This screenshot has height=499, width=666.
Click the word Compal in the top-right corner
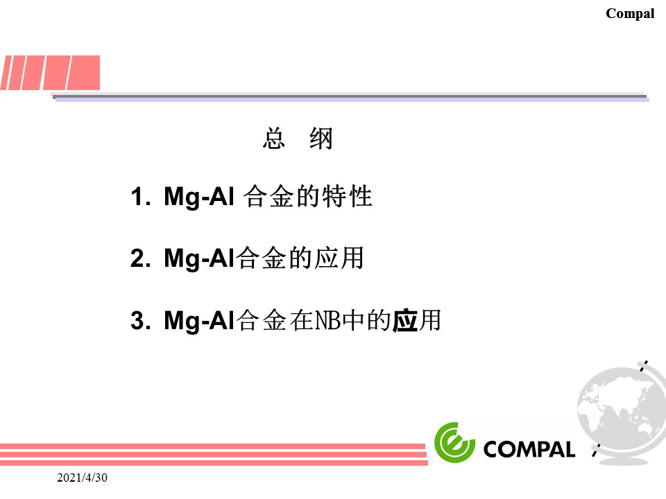tap(630, 14)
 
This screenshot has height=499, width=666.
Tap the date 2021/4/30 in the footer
tap(82, 478)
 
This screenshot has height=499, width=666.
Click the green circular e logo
tap(454, 442)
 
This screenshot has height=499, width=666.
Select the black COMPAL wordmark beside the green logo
tap(529, 449)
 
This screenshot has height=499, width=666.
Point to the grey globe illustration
tap(621, 413)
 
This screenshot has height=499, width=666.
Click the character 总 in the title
tap(274, 139)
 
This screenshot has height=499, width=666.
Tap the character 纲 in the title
tap(321, 139)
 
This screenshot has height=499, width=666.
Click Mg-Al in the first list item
tap(199, 198)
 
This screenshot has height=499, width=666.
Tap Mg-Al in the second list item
tap(199, 259)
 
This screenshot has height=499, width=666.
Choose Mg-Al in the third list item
tap(199, 321)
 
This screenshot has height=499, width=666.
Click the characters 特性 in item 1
tap(347, 197)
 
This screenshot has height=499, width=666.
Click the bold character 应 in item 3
tap(404, 321)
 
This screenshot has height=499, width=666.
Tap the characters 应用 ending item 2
tap(339, 259)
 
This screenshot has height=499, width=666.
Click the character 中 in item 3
tap(353, 320)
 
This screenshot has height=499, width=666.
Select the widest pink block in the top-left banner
tap(83, 73)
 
